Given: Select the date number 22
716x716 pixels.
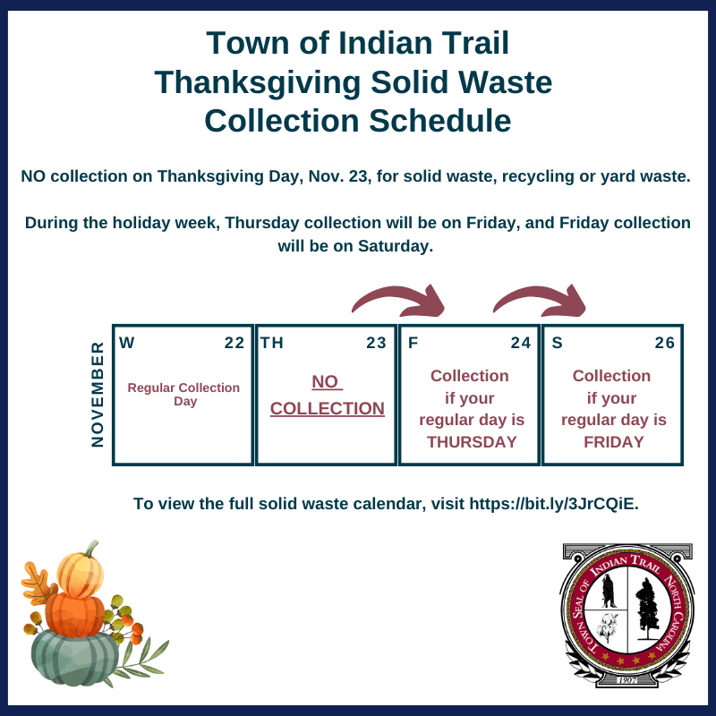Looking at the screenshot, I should pyautogui.click(x=234, y=343).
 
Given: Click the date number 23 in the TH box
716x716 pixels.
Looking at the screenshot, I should pyautogui.click(x=376, y=343).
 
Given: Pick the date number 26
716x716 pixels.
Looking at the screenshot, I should pyautogui.click(x=664, y=343).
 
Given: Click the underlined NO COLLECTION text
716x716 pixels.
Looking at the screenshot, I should pyautogui.click(x=327, y=396).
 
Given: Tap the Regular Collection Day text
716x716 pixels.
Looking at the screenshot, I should pyautogui.click(x=183, y=395).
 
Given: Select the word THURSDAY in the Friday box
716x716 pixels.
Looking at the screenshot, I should pyautogui.click(x=472, y=442).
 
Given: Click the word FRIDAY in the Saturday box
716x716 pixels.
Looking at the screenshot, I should pyautogui.click(x=613, y=442).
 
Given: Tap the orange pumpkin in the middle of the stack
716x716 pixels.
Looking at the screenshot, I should pyautogui.click(x=76, y=613).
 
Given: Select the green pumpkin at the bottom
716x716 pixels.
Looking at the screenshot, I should pyautogui.click(x=75, y=657).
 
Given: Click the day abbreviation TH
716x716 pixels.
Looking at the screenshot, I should pyautogui.click(x=271, y=343).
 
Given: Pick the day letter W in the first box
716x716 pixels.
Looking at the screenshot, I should pyautogui.click(x=127, y=343).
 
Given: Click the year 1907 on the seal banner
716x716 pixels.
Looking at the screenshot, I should pyautogui.click(x=626, y=681).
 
